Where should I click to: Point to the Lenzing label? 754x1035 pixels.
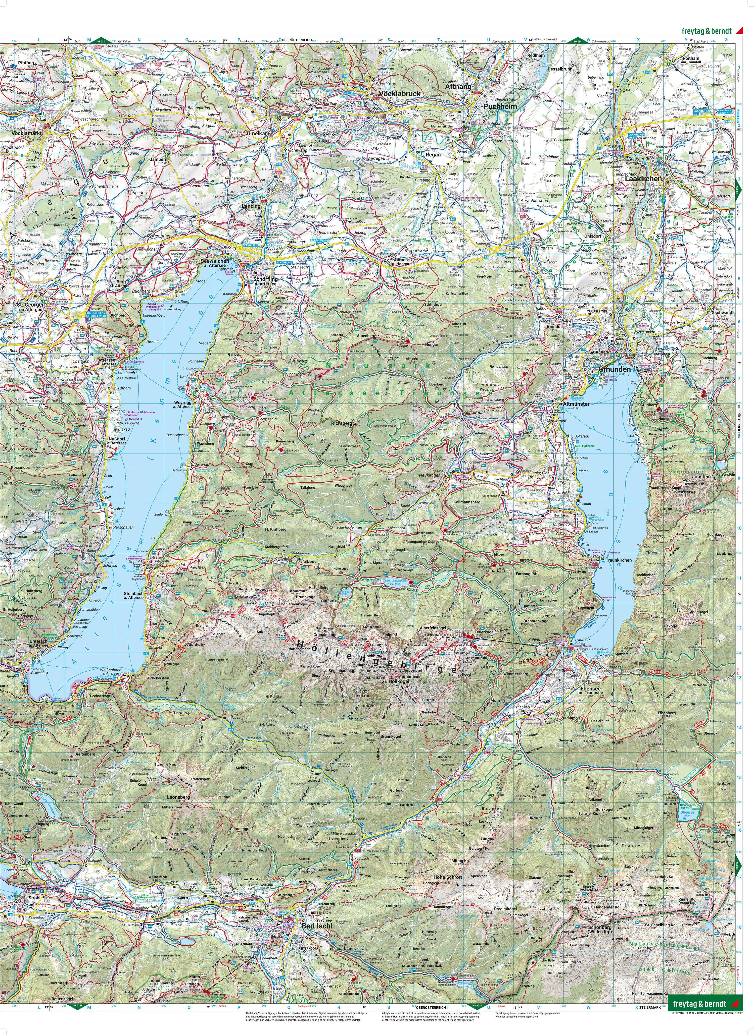pyautogui.click(x=251, y=206)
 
